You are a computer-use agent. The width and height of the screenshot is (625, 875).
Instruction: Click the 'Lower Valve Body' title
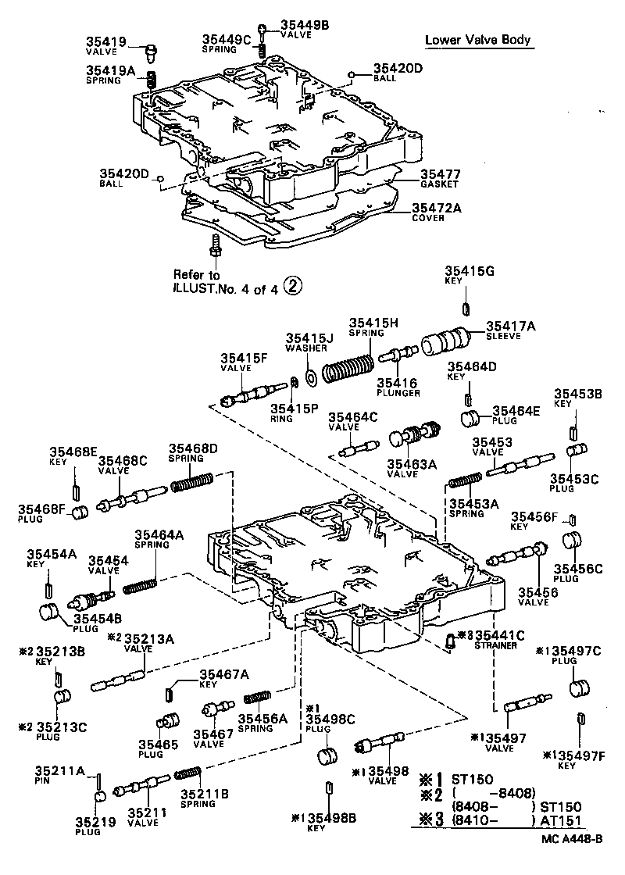point(479,40)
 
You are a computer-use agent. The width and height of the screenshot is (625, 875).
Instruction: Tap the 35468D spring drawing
point(191,484)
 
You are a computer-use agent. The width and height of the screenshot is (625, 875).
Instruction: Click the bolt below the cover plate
point(215,247)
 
